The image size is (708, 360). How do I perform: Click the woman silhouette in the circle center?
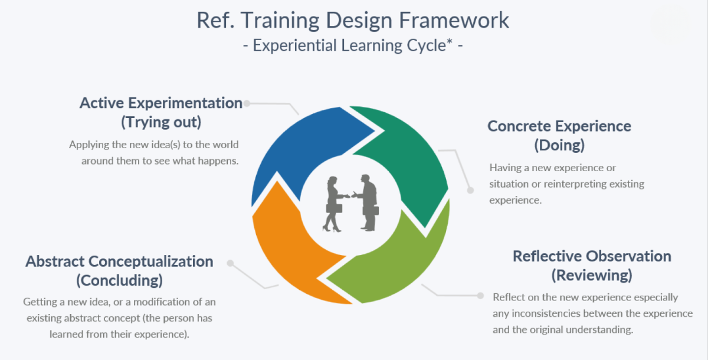point(334,204)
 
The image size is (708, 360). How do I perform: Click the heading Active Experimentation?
point(161,103)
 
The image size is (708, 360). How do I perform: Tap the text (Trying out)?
point(161,122)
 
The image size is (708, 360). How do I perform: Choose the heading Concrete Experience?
point(559,126)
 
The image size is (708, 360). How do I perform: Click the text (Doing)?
point(559,145)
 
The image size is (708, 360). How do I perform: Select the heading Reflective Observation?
point(592,256)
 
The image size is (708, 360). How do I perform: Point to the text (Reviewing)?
point(592,275)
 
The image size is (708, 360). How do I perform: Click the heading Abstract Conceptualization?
point(119,261)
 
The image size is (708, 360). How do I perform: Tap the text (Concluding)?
point(119,280)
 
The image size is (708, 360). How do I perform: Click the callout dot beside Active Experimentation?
point(247,103)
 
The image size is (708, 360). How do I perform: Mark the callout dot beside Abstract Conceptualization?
point(230,263)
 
